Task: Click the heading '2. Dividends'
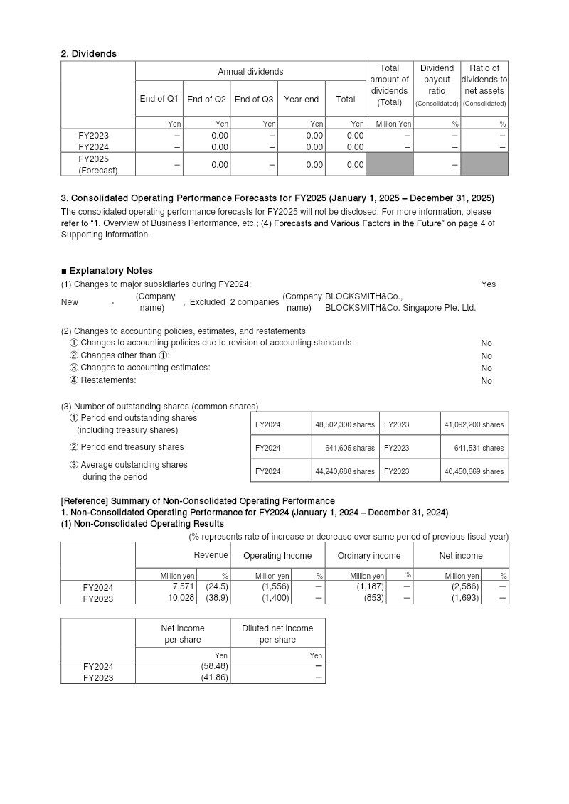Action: click(89, 53)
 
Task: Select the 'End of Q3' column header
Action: click(254, 100)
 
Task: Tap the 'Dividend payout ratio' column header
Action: click(437, 84)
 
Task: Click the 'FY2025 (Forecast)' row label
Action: click(97, 164)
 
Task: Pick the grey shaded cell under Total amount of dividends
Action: click(389, 164)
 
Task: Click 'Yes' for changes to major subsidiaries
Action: click(488, 284)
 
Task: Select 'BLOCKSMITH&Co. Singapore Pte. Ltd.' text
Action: click(400, 308)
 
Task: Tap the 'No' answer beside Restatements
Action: click(486, 381)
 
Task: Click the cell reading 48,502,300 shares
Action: click(345, 424)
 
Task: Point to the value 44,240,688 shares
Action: click(345, 471)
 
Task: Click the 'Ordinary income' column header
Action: click(368, 556)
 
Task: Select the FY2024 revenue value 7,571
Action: click(184, 587)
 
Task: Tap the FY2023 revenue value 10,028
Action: click(181, 599)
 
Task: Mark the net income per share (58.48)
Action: click(214, 667)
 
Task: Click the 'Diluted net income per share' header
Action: click(277, 633)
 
